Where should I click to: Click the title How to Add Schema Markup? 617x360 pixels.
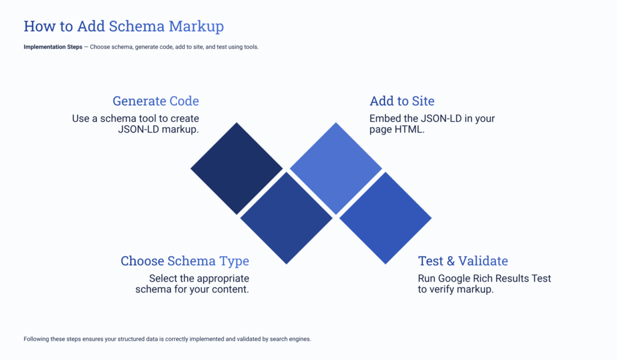(124, 27)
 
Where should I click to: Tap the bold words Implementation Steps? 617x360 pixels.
(53, 47)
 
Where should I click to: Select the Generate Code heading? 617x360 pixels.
(155, 101)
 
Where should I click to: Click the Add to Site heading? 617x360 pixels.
(402, 101)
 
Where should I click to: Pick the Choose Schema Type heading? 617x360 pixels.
(184, 261)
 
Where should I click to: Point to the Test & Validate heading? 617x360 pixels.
(463, 261)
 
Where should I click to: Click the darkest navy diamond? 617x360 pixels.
(237, 168)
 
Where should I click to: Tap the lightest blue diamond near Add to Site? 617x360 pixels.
(336, 168)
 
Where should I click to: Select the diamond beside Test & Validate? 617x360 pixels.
(385, 218)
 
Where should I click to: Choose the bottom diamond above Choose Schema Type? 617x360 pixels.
(286, 218)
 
